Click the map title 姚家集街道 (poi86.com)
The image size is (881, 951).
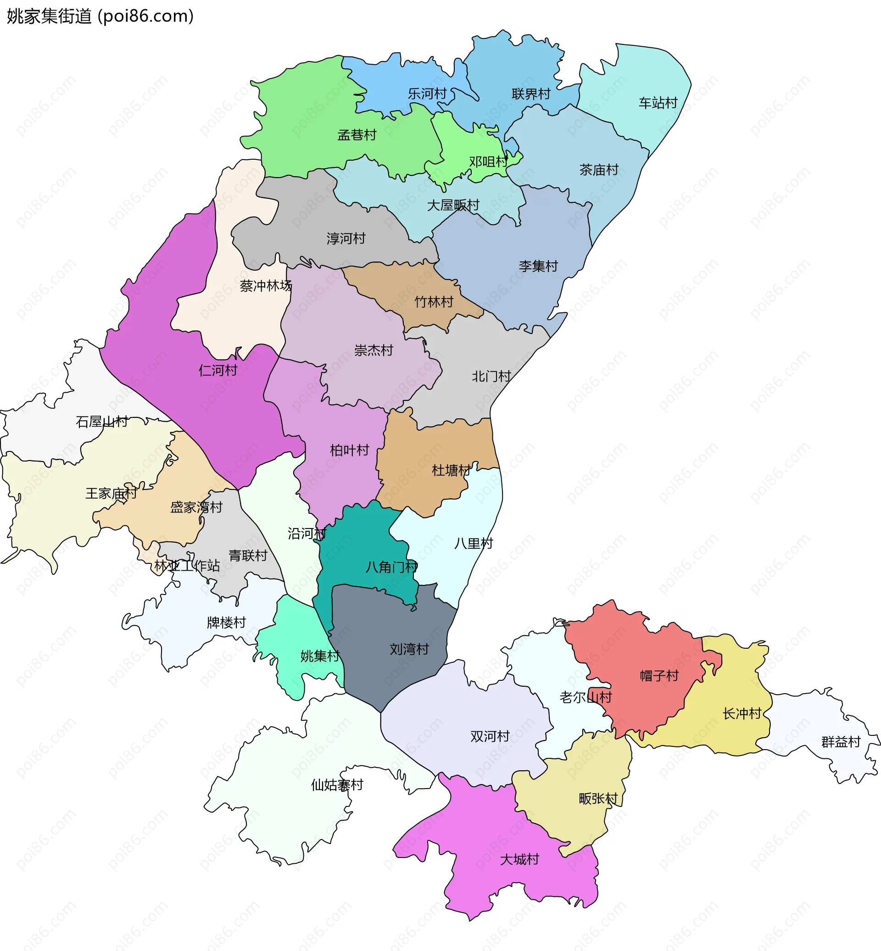100,16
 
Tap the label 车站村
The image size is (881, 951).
658,103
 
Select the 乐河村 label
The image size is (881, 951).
427,94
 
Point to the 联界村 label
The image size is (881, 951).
531,94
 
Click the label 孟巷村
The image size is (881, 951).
357,135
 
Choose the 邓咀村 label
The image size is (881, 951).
488,162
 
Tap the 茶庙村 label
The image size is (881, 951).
599,170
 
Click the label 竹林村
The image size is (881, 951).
434,302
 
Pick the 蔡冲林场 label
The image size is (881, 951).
266,286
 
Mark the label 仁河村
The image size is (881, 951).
218,370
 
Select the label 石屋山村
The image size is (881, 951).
101,422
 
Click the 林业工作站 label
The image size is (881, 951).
187,566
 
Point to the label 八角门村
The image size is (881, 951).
391,567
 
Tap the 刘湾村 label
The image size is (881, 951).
409,649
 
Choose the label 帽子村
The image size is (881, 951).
659,676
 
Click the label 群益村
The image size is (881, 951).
841,742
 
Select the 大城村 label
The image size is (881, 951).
519,859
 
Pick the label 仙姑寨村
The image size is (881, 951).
337,785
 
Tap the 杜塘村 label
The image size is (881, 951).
451,471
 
